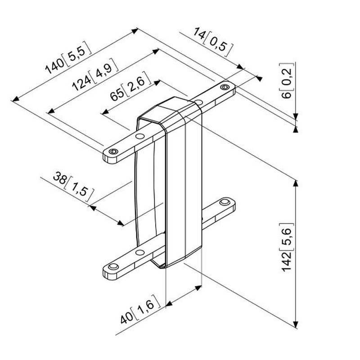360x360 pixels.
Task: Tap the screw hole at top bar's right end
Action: pos(225,87)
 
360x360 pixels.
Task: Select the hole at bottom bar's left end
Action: pos(112,267)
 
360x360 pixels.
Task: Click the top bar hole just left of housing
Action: pos(139,135)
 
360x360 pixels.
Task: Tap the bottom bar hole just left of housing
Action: pos(140,252)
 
